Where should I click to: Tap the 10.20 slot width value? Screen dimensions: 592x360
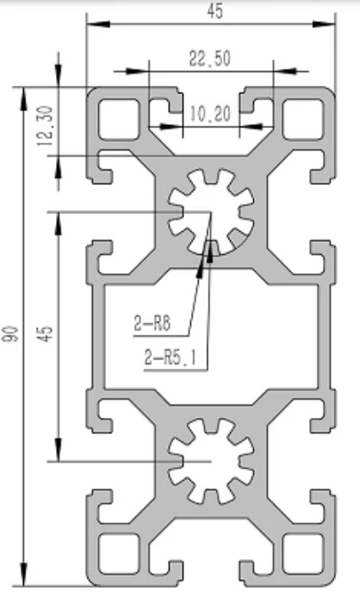pyautogui.click(x=210, y=112)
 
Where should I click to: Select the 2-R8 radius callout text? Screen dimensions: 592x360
pyautogui.click(x=152, y=323)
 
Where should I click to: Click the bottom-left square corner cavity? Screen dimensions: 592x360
pyautogui.click(x=117, y=553)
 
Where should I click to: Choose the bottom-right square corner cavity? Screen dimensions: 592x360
pyautogui.click(x=304, y=553)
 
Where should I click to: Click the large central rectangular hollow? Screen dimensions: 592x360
pyautogui.click(x=211, y=335)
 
